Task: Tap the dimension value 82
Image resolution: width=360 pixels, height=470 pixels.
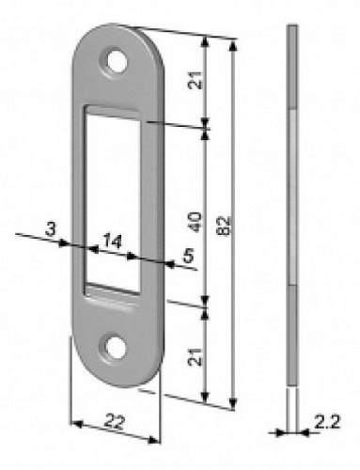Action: (x=225, y=225)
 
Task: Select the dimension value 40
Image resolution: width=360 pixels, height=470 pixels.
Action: (x=196, y=222)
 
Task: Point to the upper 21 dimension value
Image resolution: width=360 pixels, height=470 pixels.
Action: (x=196, y=81)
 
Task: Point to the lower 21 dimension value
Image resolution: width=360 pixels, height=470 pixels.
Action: (x=196, y=357)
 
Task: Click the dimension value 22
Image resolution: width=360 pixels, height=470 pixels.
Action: (x=115, y=421)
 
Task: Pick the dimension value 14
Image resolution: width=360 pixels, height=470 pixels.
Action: (x=113, y=241)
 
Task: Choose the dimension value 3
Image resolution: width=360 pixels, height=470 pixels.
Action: (x=51, y=229)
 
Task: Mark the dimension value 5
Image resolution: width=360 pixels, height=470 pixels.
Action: (x=189, y=256)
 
